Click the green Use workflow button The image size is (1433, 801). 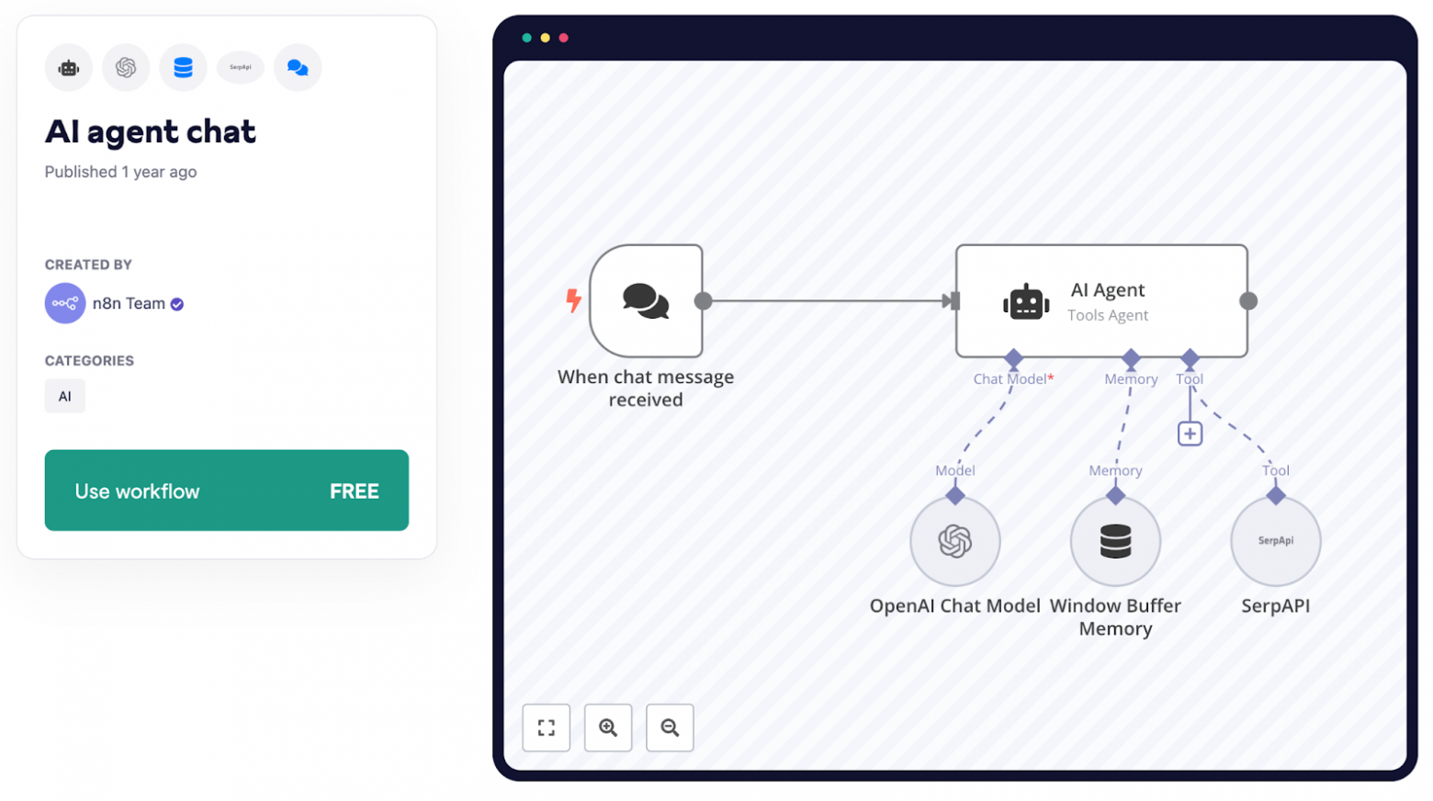pos(226,490)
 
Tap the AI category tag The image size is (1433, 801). pos(64,396)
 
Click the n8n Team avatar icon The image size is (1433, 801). pos(64,303)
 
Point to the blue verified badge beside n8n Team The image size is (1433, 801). pos(177,304)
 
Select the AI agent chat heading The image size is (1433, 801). pos(150,131)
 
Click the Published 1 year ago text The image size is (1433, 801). pos(120,172)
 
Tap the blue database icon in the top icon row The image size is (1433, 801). pos(183,67)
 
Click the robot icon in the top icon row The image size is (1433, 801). pos(69,67)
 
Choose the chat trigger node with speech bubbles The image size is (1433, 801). pos(647,300)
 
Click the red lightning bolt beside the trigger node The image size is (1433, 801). pos(573,299)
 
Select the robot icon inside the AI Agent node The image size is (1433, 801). pos(1025,301)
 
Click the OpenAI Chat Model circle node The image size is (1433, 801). pos(954,541)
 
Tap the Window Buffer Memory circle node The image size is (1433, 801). pos(1115,541)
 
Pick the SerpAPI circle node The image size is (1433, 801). pos(1275,541)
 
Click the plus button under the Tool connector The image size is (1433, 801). pos(1190,434)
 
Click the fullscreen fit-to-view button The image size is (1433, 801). pos(547,728)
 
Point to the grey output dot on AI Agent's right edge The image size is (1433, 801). pos(1247,300)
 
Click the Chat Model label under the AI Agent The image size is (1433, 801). pos(1010,378)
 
